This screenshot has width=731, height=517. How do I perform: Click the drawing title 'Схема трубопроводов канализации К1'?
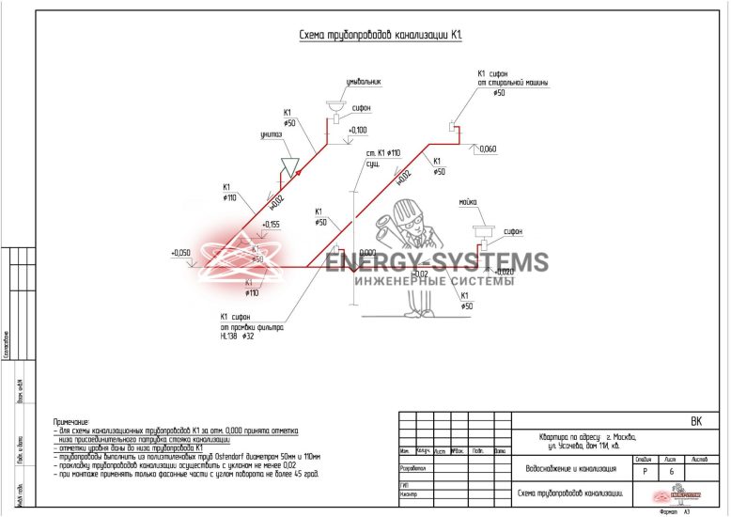[381, 36]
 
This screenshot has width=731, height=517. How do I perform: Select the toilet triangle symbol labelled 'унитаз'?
[291, 165]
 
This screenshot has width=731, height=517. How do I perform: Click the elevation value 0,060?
[488, 149]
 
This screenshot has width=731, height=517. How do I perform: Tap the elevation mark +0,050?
[180, 253]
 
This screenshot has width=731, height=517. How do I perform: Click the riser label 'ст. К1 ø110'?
[383, 152]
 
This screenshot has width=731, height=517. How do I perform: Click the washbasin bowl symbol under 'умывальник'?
[334, 105]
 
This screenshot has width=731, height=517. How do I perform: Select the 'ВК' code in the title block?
[695, 422]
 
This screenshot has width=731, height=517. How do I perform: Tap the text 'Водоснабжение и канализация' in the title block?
[570, 467]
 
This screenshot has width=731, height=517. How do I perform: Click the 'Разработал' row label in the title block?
[414, 467]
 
